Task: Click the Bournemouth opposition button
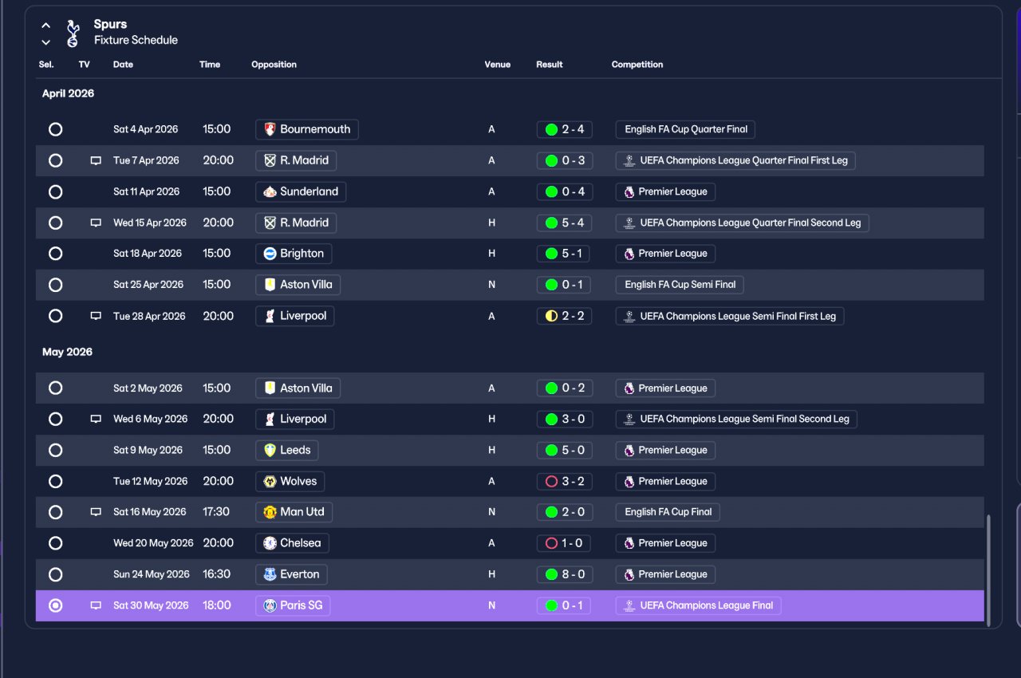[307, 129]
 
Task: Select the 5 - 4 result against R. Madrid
[564, 223]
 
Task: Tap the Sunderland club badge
[270, 191]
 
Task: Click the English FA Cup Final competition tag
[668, 512]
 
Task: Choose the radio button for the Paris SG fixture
[56, 605]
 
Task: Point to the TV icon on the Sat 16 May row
[96, 512]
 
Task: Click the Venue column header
[497, 65]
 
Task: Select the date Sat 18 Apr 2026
[148, 254]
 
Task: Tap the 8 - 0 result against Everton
[565, 574]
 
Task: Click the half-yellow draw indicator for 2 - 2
[551, 316]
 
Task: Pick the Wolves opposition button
[290, 482]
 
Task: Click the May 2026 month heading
[68, 353]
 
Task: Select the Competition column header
[637, 65]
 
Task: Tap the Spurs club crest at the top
[73, 34]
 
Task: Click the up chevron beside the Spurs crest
[46, 26]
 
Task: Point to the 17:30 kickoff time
[216, 512]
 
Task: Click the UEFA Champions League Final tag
[698, 605]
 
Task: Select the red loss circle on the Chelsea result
[551, 543]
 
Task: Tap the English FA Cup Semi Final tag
[680, 285]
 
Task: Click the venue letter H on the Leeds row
[492, 451]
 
